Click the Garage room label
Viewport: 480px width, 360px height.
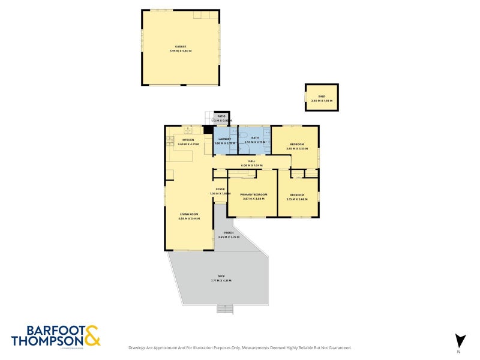181,46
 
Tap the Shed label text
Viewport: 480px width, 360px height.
322,95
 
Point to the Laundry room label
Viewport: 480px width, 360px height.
224,139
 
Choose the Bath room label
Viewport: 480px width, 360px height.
254,138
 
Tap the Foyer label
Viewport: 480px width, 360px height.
220,189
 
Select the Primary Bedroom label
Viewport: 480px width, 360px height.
253,194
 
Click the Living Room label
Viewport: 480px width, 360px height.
189,214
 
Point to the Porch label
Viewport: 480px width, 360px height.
228,233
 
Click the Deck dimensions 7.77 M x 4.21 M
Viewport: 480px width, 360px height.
221,281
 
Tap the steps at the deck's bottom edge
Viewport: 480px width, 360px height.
224,308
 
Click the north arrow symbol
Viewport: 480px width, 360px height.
460,340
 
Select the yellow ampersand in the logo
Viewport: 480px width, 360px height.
92,335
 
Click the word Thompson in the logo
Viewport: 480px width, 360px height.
46,340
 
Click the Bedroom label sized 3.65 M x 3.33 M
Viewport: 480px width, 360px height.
297,145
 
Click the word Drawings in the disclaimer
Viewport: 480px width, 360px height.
139,347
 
